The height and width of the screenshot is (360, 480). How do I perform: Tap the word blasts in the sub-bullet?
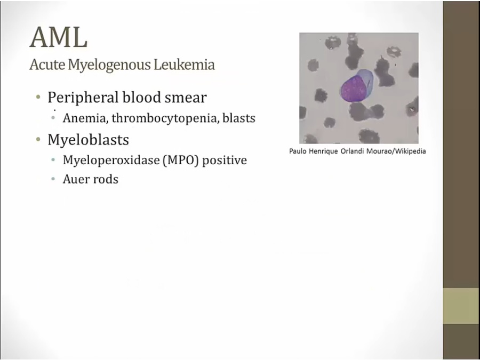[239, 118]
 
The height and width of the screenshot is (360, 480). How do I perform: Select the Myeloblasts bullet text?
[88, 140]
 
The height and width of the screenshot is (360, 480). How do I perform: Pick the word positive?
[225, 161]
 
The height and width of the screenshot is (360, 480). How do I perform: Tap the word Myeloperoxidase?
[111, 161]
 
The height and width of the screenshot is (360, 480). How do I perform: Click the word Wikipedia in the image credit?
[410, 151]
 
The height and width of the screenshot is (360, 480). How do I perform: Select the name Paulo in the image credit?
[298, 151]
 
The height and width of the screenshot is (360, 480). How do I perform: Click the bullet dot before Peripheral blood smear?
[38, 98]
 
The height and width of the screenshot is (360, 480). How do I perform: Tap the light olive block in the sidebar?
[461, 306]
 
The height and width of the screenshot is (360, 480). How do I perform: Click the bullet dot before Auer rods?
[53, 179]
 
